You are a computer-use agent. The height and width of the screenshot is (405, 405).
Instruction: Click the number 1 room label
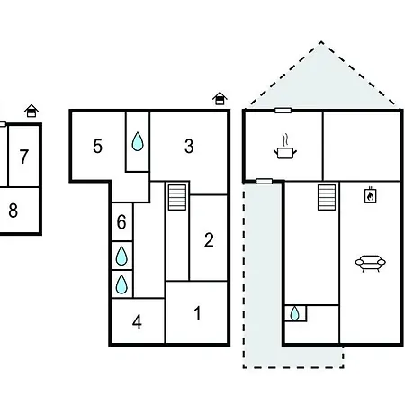[x=197, y=313]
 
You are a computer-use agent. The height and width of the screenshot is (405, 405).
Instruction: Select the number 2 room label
[x=209, y=240]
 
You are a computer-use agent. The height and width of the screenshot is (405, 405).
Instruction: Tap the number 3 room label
[x=189, y=146]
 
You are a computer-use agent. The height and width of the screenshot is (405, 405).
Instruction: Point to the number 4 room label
[x=137, y=322]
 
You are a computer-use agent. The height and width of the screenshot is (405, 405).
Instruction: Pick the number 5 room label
[x=98, y=146]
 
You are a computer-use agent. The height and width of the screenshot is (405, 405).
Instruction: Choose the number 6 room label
[x=121, y=222]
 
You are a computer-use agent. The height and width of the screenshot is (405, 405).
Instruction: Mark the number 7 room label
[x=24, y=157]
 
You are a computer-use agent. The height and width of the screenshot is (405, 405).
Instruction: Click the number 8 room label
[x=13, y=211]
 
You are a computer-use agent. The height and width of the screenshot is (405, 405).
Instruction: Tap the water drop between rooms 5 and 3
[x=138, y=141]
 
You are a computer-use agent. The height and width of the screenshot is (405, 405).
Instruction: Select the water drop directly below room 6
[x=121, y=256]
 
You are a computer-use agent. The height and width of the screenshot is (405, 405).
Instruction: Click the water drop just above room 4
[x=121, y=284]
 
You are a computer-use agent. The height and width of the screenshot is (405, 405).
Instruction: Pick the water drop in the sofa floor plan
[x=295, y=313]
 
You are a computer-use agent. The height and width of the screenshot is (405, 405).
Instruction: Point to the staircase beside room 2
[x=177, y=197]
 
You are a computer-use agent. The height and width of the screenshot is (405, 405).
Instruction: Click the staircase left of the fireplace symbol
[x=327, y=197]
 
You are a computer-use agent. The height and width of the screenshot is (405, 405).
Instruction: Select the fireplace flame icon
[x=371, y=195]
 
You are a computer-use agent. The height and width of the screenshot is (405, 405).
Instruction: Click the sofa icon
[x=371, y=264]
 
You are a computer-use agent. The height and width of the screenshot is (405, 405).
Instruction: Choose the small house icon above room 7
[x=31, y=111]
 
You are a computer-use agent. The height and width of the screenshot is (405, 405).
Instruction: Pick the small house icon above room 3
[x=220, y=98]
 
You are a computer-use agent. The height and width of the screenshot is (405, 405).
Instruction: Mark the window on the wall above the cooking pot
[x=283, y=111]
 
